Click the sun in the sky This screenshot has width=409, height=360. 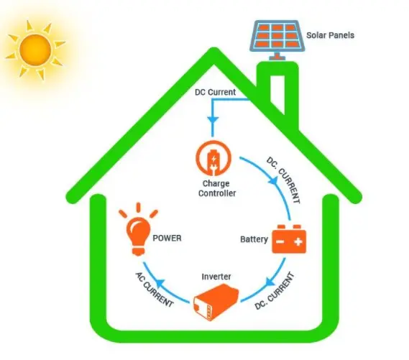[x=35, y=50]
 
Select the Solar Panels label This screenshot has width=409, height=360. [x=330, y=35]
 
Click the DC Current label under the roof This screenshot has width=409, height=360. [x=215, y=92]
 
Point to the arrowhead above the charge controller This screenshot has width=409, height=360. [x=213, y=120]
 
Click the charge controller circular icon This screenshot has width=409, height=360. [x=213, y=158]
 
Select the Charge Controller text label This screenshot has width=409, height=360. [x=217, y=188]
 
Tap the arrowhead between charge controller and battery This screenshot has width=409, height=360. [x=273, y=180]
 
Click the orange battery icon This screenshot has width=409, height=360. [x=289, y=239]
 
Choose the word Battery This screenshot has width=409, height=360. [x=254, y=239]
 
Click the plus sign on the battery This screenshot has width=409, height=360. [x=298, y=242]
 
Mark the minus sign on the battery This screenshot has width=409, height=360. [x=280, y=242]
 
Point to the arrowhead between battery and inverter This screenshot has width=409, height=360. [x=270, y=282]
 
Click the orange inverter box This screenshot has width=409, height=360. [x=216, y=302]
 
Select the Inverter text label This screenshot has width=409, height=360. [x=216, y=277]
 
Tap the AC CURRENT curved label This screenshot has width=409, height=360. [x=154, y=290]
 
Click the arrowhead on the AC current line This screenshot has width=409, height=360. [x=160, y=283]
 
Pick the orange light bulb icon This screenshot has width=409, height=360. [x=138, y=229]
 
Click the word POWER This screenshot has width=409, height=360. [x=167, y=238]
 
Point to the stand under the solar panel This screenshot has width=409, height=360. [x=277, y=57]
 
